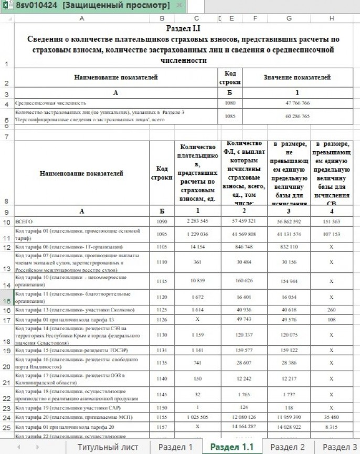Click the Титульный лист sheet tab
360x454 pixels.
(x=108, y=447)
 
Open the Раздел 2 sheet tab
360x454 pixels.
(x=288, y=447)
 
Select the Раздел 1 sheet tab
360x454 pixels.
(x=175, y=447)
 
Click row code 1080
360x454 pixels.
(x=229, y=103)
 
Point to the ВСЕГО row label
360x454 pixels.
(x=24, y=222)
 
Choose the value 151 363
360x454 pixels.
(x=331, y=222)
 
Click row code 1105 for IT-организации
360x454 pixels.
(x=162, y=246)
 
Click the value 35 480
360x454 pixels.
(x=331, y=417)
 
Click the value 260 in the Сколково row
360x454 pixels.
(x=331, y=310)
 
